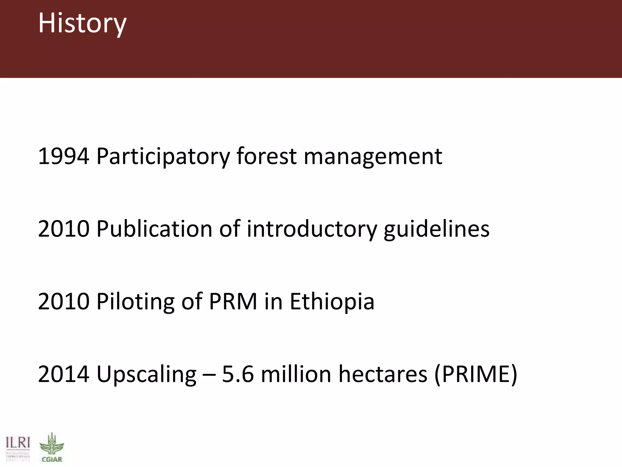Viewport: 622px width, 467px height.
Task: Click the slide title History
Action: [x=82, y=24]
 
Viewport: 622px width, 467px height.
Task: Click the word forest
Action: [x=266, y=156]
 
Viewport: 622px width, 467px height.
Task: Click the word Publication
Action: [x=154, y=229]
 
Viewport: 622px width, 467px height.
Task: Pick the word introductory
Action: [x=312, y=229]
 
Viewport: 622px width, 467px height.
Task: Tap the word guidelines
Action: [x=436, y=229]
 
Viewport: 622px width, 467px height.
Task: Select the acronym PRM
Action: [x=233, y=301]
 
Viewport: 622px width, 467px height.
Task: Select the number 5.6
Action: [x=238, y=374]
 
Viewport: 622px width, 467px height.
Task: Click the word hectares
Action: [x=383, y=374]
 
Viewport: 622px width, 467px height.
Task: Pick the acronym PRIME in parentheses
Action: [x=476, y=374]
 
